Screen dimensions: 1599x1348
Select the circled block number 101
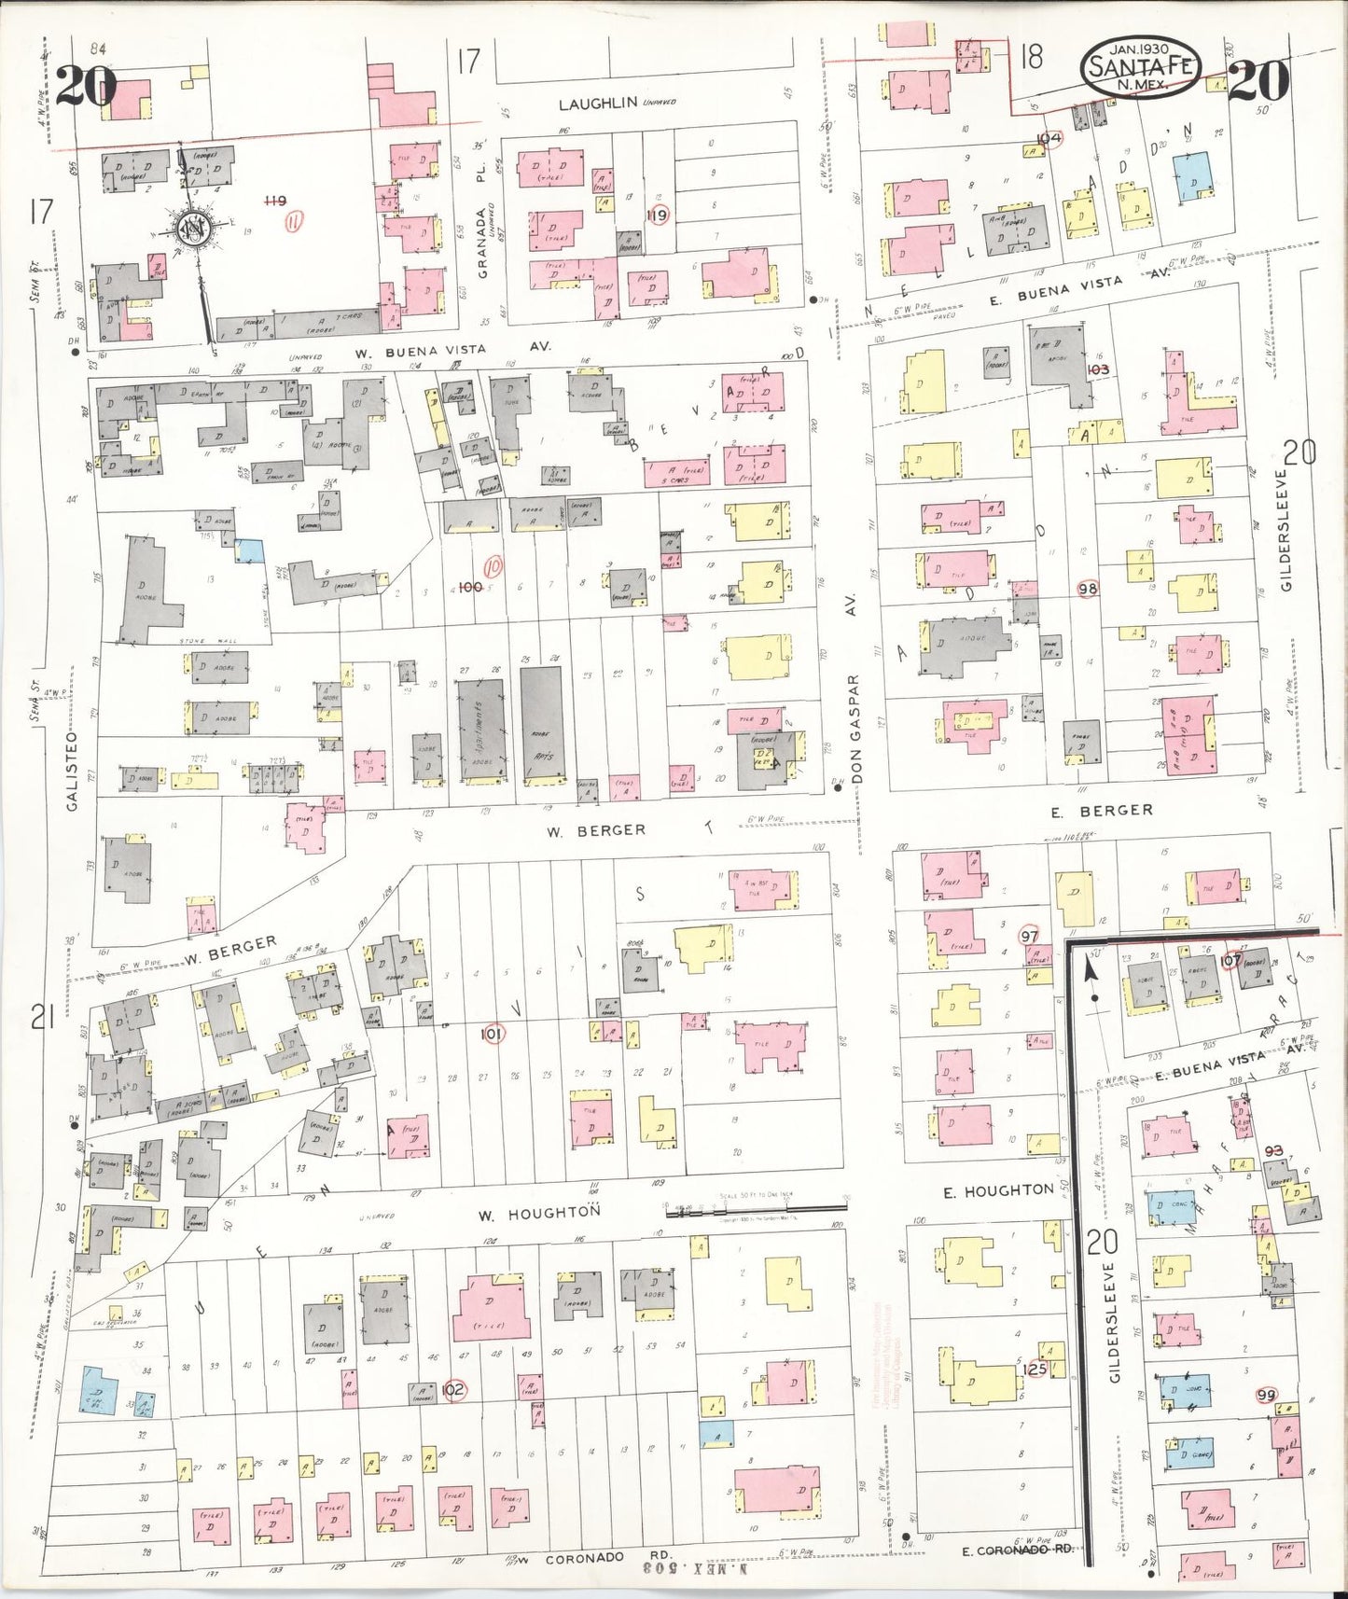click(493, 1035)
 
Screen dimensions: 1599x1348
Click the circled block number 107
click(1230, 959)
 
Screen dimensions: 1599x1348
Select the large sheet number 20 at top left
click(85, 87)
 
